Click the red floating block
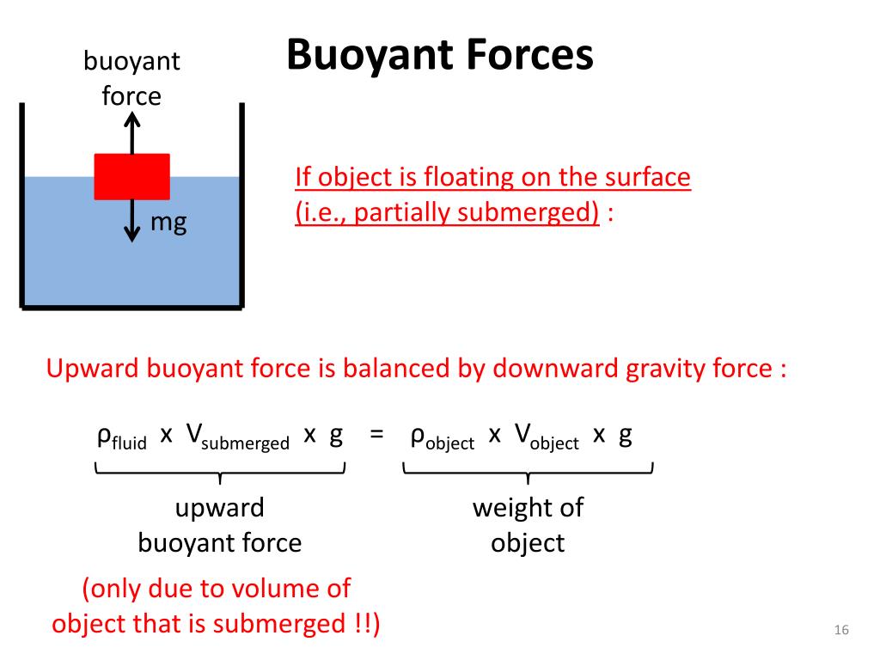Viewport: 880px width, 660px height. coord(131,176)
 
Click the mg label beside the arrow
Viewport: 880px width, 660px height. coord(168,223)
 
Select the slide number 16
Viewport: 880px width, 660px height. coord(841,631)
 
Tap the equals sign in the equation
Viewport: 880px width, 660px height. coord(376,436)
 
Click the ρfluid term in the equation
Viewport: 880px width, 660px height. coord(121,437)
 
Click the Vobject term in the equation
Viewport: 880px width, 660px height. coord(547,437)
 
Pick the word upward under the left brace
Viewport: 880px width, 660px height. coord(219,507)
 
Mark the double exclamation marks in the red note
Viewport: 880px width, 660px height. coord(366,623)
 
